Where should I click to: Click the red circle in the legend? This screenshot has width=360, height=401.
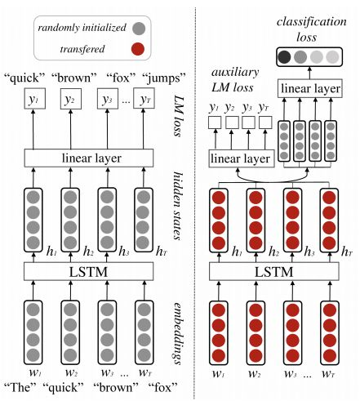(x=138, y=49)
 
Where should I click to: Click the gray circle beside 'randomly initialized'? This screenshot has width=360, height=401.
(x=139, y=28)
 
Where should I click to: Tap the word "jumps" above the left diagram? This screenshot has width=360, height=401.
(x=164, y=78)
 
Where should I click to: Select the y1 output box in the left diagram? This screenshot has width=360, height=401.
(x=34, y=99)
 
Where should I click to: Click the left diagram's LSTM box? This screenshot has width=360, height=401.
(x=89, y=271)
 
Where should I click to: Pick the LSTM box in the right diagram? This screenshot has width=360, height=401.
(x=274, y=271)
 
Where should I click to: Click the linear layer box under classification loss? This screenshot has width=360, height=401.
(x=310, y=88)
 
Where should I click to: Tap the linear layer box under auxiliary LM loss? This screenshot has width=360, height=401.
(x=242, y=158)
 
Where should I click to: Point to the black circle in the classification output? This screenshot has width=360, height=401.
(x=284, y=57)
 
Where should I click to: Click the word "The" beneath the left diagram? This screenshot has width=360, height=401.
(x=20, y=387)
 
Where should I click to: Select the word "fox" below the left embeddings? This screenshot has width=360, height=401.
(x=162, y=387)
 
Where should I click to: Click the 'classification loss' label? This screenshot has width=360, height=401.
(x=312, y=29)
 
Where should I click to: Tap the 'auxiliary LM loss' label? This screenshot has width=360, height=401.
(x=234, y=80)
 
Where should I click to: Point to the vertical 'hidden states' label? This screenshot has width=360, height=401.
(x=178, y=206)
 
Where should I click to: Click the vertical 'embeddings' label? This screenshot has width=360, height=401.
(x=177, y=333)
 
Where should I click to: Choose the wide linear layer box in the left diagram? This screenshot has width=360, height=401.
(x=89, y=158)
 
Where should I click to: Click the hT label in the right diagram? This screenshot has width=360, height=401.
(x=347, y=252)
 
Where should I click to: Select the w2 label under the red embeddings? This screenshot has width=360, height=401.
(x=255, y=374)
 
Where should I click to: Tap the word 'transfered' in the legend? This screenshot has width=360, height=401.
(x=82, y=49)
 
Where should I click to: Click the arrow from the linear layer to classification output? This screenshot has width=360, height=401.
(x=309, y=73)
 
